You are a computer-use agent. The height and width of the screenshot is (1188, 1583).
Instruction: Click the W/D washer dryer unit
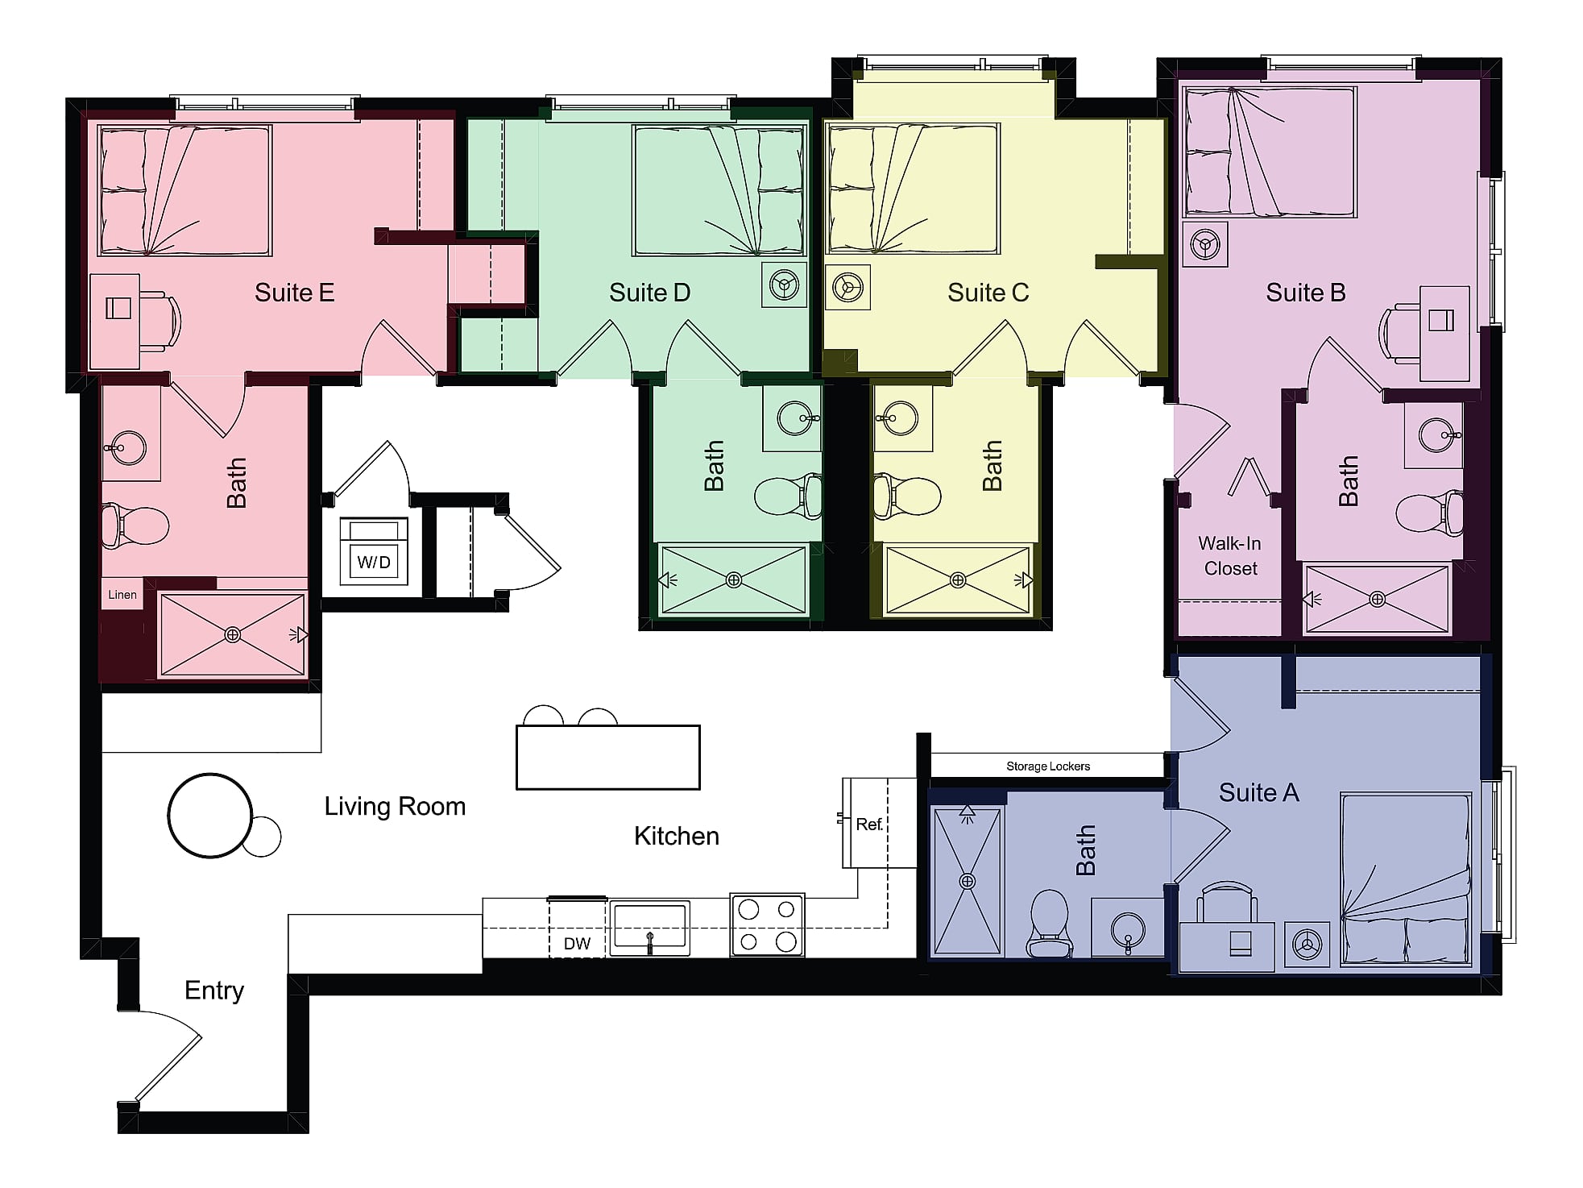point(374,551)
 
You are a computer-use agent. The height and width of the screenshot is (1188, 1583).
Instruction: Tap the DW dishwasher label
point(577,944)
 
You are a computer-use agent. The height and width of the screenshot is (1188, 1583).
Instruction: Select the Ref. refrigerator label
point(869,825)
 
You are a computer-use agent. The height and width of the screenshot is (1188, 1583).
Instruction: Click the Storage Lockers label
point(1047,766)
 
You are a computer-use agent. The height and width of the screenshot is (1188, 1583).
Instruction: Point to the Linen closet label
point(122,595)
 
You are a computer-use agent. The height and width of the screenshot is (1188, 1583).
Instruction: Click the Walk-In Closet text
point(1230,556)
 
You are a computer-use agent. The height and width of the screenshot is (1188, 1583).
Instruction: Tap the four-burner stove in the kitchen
point(767,925)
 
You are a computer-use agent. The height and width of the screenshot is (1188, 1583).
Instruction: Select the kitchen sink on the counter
point(649,927)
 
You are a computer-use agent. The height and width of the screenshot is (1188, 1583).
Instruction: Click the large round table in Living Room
point(210,815)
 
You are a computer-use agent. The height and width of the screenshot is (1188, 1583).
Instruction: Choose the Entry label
point(214,991)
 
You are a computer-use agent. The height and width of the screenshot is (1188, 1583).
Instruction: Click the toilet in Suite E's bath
point(134,525)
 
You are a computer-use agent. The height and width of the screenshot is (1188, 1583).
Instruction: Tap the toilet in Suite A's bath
point(1050,923)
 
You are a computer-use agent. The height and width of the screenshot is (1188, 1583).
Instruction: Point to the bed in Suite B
point(1269,152)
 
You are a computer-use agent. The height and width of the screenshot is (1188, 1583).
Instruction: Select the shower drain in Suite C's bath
point(958,580)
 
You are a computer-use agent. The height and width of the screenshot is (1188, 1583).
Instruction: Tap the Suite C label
point(988,293)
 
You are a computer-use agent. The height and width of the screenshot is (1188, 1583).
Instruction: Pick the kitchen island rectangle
point(608,757)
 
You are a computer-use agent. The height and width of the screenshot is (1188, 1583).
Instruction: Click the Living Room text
point(395,807)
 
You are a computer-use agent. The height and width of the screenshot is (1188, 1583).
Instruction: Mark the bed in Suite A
point(1407,879)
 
